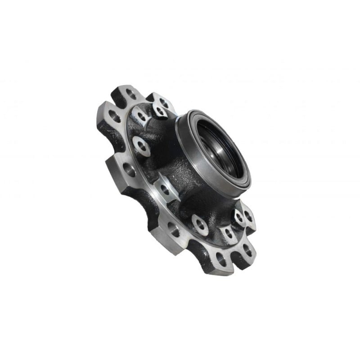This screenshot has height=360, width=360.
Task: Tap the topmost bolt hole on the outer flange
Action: click(x=131, y=94)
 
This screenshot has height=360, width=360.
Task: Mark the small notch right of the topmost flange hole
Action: click(x=146, y=94)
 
